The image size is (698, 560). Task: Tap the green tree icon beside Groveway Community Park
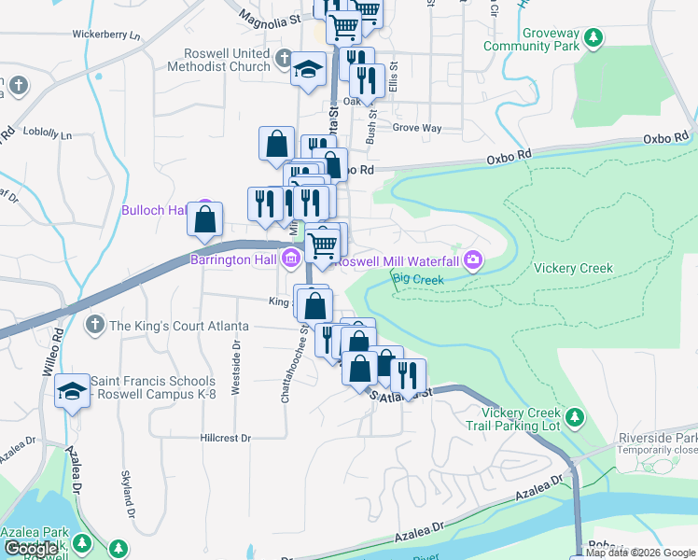(592, 38)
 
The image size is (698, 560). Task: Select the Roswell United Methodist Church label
(218, 60)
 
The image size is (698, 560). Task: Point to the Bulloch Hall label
(155, 210)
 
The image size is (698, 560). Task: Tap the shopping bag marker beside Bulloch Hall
(205, 220)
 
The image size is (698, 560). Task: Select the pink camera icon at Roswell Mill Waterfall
(474, 259)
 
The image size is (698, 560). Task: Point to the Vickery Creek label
(573, 268)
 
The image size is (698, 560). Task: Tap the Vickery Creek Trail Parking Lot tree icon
(575, 414)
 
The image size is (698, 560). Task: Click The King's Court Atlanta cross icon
(93, 325)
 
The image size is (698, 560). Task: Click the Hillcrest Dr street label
(225, 437)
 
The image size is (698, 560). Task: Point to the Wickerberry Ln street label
(105, 35)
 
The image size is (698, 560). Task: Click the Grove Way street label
(416, 127)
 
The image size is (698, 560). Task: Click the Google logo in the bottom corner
(32, 548)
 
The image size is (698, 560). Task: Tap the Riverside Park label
(659, 438)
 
